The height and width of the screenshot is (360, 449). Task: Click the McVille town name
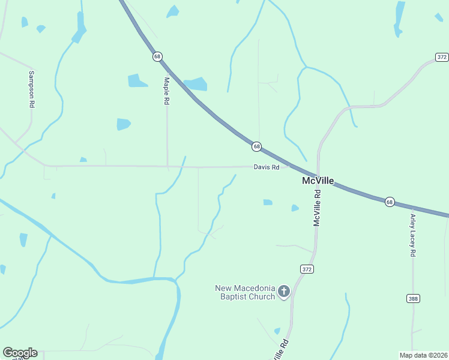click(318, 181)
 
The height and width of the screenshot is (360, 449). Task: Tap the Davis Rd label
click(267, 167)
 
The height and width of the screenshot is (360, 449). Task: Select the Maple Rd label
click(167, 91)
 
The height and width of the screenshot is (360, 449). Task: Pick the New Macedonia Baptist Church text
click(245, 292)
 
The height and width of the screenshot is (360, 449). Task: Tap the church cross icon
click(284, 292)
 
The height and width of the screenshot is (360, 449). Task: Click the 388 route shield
click(413, 298)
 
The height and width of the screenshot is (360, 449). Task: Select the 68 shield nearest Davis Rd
click(256, 146)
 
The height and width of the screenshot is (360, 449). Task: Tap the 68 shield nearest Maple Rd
click(157, 56)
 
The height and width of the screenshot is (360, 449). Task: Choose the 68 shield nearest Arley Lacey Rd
click(390, 202)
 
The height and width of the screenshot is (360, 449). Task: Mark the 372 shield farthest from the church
click(442, 57)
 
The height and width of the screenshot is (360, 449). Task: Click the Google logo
click(20, 353)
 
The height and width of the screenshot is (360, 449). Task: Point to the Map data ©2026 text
click(423, 355)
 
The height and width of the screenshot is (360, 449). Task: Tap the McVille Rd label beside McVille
click(318, 208)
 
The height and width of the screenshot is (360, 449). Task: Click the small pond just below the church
click(277, 331)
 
